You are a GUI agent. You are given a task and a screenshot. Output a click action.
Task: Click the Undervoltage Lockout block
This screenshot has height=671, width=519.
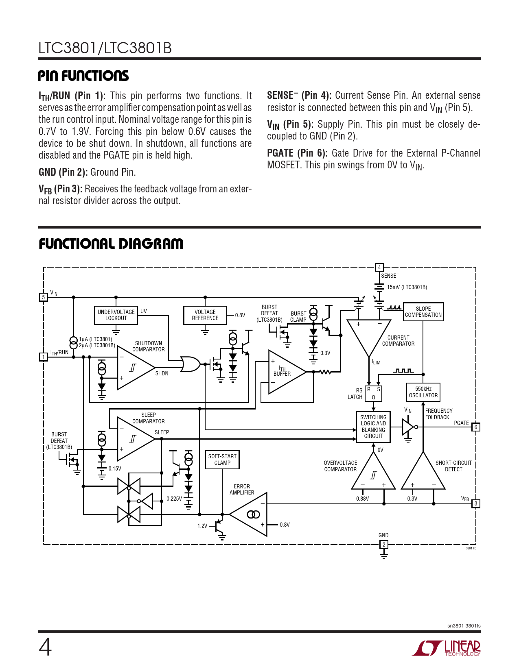pos(116,315)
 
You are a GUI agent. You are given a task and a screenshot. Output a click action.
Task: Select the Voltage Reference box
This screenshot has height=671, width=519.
pos(205,315)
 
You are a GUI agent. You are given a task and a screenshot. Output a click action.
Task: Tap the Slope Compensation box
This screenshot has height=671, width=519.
pos(423,312)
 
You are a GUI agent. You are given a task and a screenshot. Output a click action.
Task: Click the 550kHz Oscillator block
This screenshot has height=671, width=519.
pos(423,392)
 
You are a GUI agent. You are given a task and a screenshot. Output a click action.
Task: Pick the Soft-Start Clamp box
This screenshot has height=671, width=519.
pos(222,460)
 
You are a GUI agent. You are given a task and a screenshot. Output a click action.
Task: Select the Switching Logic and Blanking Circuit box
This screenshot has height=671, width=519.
pos(373,427)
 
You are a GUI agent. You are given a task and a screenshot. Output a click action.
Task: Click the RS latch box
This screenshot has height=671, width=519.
pos(373,393)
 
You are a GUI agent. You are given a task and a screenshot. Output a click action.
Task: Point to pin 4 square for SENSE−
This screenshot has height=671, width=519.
pos(379,267)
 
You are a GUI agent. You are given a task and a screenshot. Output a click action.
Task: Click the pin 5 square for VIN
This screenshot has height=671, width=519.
pos(43,297)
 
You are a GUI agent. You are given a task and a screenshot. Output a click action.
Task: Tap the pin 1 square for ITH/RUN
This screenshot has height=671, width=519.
pos(43,357)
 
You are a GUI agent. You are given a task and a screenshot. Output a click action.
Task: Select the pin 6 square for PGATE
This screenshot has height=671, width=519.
pos(475,427)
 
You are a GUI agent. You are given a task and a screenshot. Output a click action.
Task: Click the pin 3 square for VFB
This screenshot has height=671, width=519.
pos(475,504)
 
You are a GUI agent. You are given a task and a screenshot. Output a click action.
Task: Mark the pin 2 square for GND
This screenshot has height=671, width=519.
pos(383,545)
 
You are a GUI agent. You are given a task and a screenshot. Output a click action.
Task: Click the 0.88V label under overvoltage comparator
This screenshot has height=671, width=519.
pos(362,499)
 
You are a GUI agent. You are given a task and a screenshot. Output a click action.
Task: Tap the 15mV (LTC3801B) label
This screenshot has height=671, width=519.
pos(407,287)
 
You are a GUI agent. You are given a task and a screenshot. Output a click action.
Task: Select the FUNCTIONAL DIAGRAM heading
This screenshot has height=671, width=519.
pos(111,244)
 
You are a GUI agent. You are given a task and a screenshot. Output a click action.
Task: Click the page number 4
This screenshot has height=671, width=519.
pos(45,647)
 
